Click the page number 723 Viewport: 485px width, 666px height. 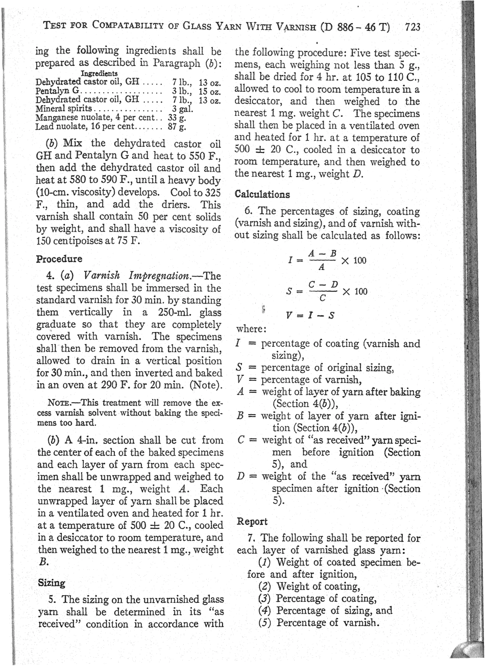tap(412, 27)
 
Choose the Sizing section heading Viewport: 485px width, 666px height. tap(52, 582)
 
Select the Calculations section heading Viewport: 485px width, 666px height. tap(262, 194)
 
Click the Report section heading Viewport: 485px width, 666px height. tap(253, 522)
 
